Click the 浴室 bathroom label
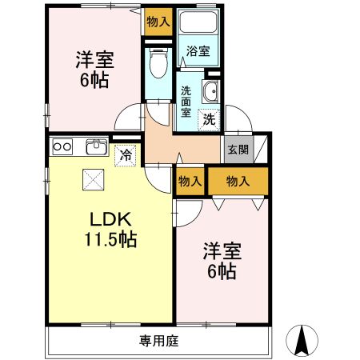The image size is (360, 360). pos(198,51)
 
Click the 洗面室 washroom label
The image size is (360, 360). pos(186,101)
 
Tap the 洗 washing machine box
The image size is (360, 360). pos(208,120)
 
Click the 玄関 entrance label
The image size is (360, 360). pos(238,148)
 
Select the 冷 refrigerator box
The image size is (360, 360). pos(125,154)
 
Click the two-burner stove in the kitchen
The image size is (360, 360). pos(63,147)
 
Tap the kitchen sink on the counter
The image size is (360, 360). pos(96,146)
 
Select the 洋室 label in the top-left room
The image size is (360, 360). pos(94,59)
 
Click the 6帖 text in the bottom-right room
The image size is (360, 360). pos(222,271)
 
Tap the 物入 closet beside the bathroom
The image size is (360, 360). pos(158,22)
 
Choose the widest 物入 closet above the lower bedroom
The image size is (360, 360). pos(238,182)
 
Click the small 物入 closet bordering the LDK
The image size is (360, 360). pos(190,182)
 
